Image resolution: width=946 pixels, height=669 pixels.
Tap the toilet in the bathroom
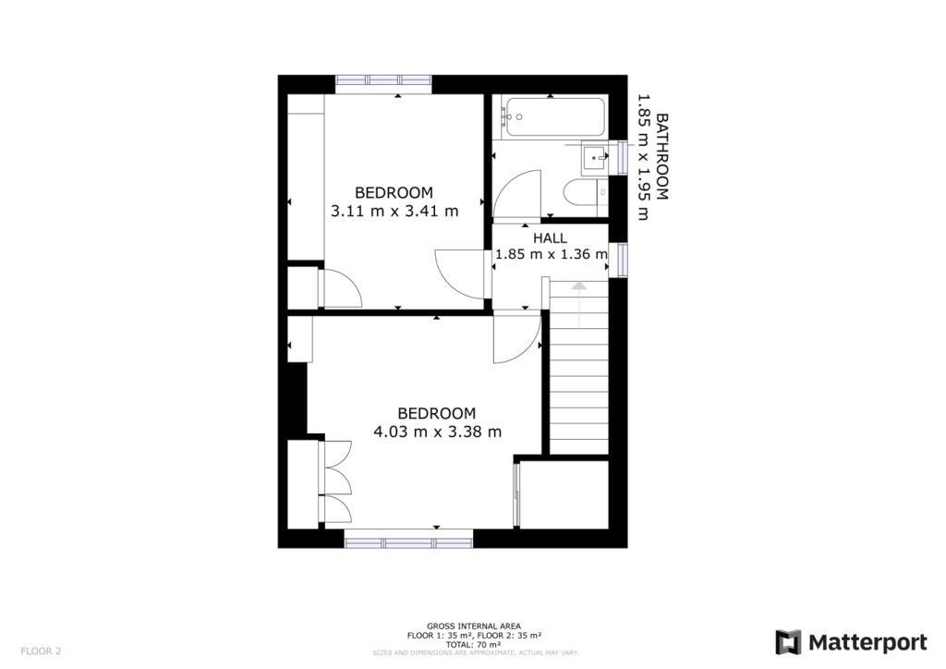pos(582,194)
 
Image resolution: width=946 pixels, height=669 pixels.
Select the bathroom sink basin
pos(593,158)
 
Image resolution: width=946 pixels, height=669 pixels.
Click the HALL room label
pos(550,237)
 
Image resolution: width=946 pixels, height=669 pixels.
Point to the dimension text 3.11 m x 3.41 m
pos(394,211)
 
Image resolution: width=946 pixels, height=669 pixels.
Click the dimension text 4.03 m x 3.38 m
pos(437,431)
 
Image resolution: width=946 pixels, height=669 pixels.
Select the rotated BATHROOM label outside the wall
pos(661,156)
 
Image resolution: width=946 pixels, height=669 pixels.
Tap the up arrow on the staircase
pos(578,288)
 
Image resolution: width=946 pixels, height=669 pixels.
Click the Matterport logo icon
pos(788,642)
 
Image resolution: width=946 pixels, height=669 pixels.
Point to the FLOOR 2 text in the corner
pos(41,651)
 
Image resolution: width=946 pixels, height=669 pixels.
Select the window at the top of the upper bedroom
pos(383,81)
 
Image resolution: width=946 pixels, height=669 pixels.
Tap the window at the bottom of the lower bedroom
pos(408,540)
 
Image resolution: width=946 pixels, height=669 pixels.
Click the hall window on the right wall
pos(623,258)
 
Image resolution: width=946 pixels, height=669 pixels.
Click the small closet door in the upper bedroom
pos(341,288)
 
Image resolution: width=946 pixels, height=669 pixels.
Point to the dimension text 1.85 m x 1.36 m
pos(552,254)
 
